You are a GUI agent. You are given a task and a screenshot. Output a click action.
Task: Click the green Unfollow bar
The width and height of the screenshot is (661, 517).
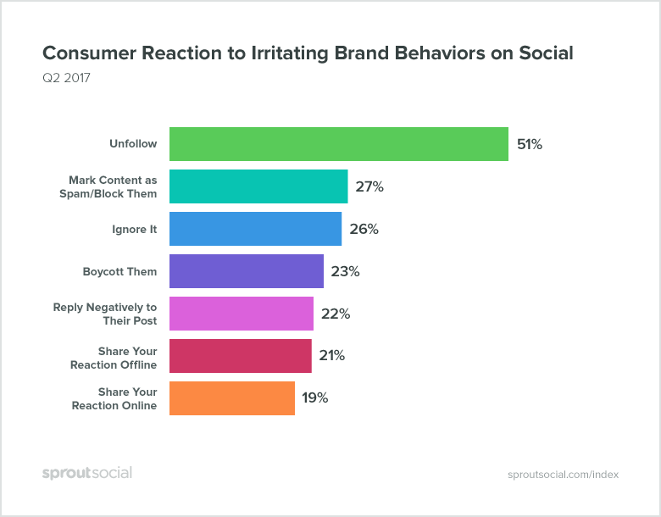coord(338,144)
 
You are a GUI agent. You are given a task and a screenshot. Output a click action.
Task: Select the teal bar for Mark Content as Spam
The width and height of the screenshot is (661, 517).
coord(258,186)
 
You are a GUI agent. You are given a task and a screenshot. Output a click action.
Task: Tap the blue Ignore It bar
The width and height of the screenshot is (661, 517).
coord(255,229)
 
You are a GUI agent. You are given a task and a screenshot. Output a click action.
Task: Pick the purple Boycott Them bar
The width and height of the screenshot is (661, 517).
coord(247,271)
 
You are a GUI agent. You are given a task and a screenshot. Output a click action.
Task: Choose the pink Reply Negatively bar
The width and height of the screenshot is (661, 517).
coord(242,314)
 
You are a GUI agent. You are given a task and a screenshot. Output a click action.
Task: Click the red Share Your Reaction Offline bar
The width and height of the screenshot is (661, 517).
coord(241,356)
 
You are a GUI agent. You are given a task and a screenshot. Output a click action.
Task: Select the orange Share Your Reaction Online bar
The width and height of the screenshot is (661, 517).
coord(232,398)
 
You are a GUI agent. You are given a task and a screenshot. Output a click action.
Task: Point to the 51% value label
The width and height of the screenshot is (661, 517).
coord(530,144)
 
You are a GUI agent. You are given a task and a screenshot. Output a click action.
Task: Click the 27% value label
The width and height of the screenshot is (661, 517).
coord(369,186)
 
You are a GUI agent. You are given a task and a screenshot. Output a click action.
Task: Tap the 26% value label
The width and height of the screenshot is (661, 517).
coord(364,229)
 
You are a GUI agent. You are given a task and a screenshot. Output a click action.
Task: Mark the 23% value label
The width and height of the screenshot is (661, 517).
coord(346,271)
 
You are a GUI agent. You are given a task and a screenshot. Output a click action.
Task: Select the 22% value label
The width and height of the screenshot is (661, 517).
coord(336,314)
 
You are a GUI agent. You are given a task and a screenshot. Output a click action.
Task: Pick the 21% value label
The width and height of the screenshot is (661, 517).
coord(332,356)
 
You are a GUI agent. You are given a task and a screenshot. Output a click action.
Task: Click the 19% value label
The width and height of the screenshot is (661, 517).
coord(316,398)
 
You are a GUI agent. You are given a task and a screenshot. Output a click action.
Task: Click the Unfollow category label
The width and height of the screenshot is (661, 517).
coord(133,144)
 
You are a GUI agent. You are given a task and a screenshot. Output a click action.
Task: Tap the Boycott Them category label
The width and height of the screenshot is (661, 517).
coord(119,271)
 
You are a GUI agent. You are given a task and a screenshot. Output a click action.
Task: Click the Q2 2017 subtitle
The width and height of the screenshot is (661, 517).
coord(66,79)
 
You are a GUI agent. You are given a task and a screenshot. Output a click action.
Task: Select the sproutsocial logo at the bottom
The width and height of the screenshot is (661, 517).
coord(87,473)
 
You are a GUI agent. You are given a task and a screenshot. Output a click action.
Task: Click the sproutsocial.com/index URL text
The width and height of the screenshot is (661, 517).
coord(563,474)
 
